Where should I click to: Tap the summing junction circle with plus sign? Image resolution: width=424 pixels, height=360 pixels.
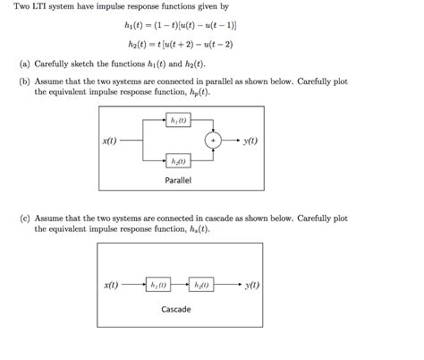214,141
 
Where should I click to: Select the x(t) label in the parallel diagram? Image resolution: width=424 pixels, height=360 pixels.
112,141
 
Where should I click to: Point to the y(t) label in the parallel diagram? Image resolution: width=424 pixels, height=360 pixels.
250,141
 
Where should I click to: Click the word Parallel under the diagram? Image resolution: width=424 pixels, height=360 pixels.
178,180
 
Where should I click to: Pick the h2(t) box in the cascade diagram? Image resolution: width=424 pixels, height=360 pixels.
201,285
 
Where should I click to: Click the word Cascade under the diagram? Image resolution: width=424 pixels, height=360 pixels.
175,310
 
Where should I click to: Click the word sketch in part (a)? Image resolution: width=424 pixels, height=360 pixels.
85,64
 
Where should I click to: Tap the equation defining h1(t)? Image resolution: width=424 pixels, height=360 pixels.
184,26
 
